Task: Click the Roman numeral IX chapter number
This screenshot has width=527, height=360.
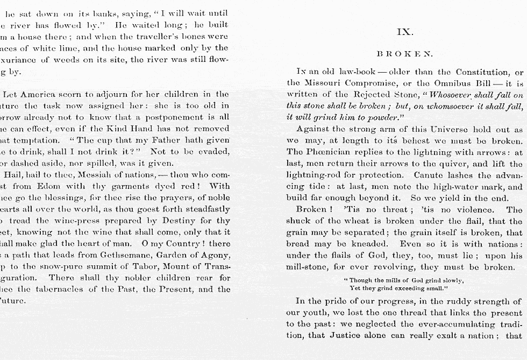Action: click(404, 32)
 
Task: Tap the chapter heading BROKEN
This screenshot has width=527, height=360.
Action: click(404, 54)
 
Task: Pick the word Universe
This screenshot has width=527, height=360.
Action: click(451, 130)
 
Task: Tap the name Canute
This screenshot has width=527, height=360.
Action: click(430, 175)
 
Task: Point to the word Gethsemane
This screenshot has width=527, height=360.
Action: click(127, 256)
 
